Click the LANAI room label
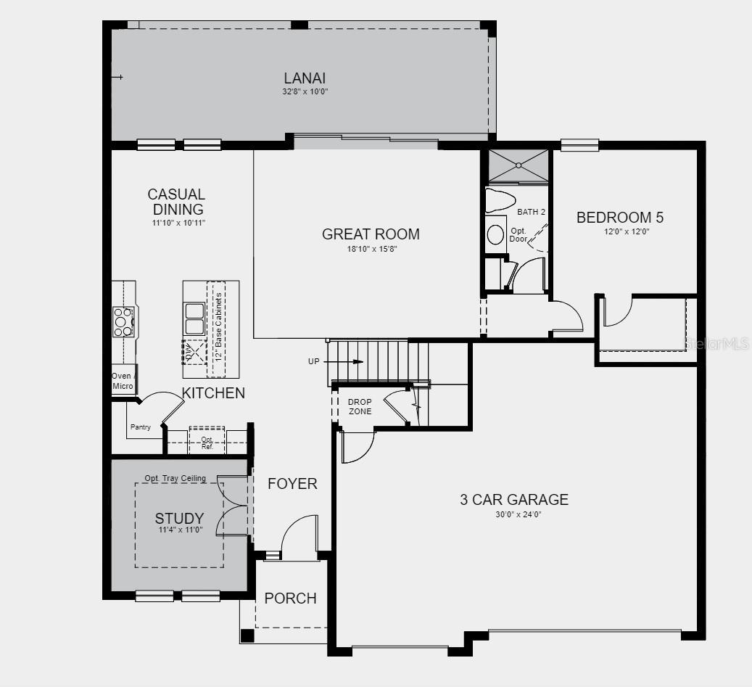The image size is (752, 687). point(305,78)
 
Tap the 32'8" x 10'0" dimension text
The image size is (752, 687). point(305,91)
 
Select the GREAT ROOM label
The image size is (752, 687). point(371,234)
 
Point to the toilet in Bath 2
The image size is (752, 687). point(500,200)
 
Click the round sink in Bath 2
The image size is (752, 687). point(495,234)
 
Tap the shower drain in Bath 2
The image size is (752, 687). point(518,165)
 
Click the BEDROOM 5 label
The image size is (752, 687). point(619,218)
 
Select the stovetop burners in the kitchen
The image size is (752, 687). point(123,321)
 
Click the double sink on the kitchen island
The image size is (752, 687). point(194,318)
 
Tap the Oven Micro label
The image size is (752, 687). point(123,381)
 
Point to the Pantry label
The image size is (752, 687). point(141,427)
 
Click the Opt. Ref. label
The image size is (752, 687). point(207,443)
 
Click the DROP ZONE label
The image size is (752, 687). point(360,406)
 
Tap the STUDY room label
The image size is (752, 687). point(179,518)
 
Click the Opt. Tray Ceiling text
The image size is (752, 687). point(175,478)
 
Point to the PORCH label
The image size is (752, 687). point(290,598)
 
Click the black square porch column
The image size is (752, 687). point(247,635)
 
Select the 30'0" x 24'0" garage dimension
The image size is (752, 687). point(518,515)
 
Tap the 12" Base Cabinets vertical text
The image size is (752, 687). point(219,326)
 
